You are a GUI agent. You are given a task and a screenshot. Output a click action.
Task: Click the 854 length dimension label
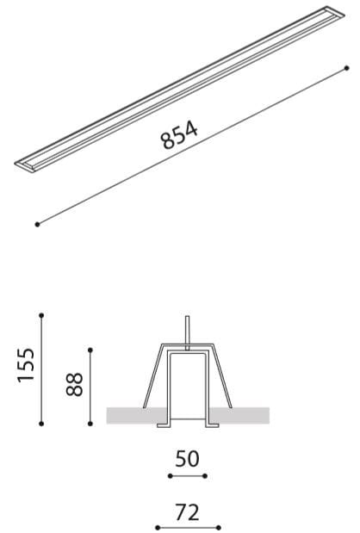click(x=180, y=134)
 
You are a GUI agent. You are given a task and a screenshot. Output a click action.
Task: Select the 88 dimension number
click(x=75, y=384)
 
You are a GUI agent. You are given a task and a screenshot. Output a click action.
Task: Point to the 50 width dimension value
click(x=187, y=459)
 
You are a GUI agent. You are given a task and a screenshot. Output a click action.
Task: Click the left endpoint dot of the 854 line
click(x=38, y=225)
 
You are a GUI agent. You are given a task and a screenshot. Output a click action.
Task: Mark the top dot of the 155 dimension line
click(x=41, y=316)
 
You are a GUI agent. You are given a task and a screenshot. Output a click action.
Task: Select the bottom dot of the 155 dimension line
click(x=41, y=422)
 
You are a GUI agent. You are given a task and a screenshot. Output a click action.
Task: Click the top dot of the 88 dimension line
click(x=90, y=350)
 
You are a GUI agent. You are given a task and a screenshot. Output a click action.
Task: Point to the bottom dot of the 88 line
click(x=90, y=422)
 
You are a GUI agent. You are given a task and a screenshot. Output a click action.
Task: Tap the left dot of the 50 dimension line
click(x=169, y=475)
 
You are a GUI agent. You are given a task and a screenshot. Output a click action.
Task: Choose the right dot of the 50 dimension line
click(x=205, y=475)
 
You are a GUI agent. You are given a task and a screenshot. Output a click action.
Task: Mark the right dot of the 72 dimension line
click(x=219, y=527)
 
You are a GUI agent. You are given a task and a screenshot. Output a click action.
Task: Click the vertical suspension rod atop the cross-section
click(x=187, y=332)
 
